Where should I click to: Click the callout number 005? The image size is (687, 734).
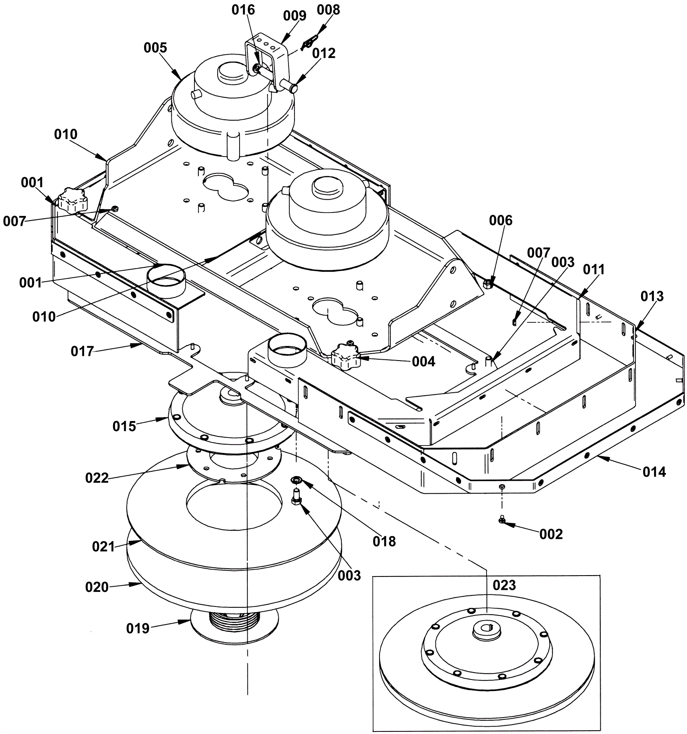pyautogui.click(x=155, y=47)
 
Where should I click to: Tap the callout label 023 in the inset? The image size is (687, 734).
pyautogui.click(x=504, y=585)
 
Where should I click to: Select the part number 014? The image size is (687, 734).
pyautogui.click(x=654, y=472)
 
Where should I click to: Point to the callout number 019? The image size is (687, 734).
pyautogui.click(x=138, y=628)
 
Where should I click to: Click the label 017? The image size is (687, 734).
pyautogui.click(x=82, y=352)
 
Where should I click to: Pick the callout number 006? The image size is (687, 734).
pyautogui.click(x=501, y=221)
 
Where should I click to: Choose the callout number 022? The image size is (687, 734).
pyautogui.click(x=97, y=478)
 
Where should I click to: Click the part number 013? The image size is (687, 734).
pyautogui.click(x=652, y=296)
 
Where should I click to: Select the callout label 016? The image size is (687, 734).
pyautogui.click(x=243, y=10)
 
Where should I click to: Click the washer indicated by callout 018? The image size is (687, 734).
pyautogui.click(x=296, y=479)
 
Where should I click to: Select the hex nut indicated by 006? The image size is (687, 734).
pyautogui.click(x=488, y=284)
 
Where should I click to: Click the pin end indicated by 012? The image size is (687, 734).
pyautogui.click(x=293, y=88)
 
